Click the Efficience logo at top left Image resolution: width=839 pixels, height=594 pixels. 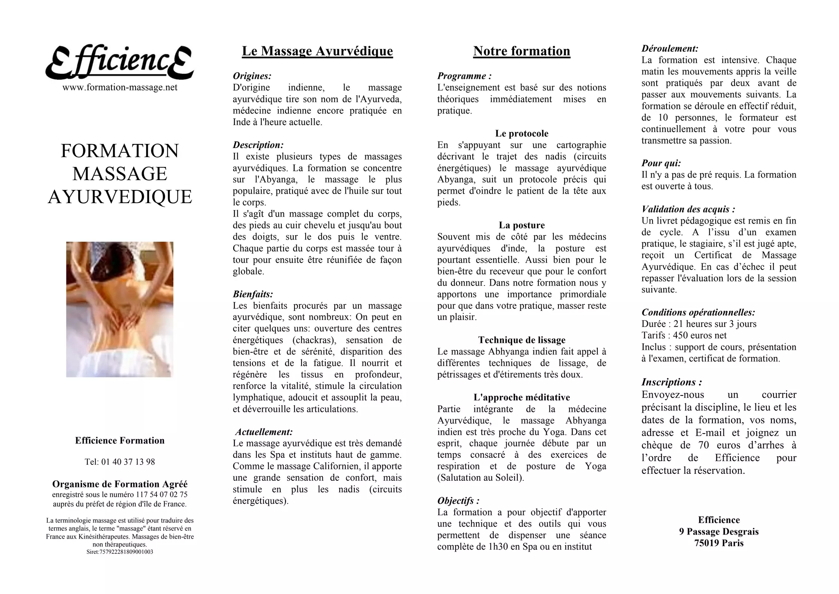119,63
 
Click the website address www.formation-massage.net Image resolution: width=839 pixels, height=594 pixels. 120,87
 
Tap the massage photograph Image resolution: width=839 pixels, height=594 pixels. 120,309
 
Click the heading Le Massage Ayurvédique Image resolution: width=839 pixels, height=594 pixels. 317,51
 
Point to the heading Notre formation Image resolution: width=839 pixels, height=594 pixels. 522,51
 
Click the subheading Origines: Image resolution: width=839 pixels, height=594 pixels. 252,76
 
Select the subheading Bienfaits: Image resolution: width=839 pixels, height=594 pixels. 253,294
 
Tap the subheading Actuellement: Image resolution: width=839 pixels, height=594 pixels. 264,432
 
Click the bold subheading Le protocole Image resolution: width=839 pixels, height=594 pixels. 522,133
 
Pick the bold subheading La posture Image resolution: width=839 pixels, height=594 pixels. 522,225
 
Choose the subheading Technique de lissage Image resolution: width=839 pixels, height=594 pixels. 522,340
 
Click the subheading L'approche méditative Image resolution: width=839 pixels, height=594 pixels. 522,398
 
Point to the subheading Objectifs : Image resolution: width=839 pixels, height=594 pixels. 458,501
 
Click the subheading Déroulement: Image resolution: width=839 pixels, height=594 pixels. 670,48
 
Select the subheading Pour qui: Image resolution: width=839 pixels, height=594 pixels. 661,163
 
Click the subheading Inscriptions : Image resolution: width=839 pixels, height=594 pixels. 671,382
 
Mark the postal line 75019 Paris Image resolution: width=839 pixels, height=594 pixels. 719,543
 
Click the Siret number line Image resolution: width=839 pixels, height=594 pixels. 120,552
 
